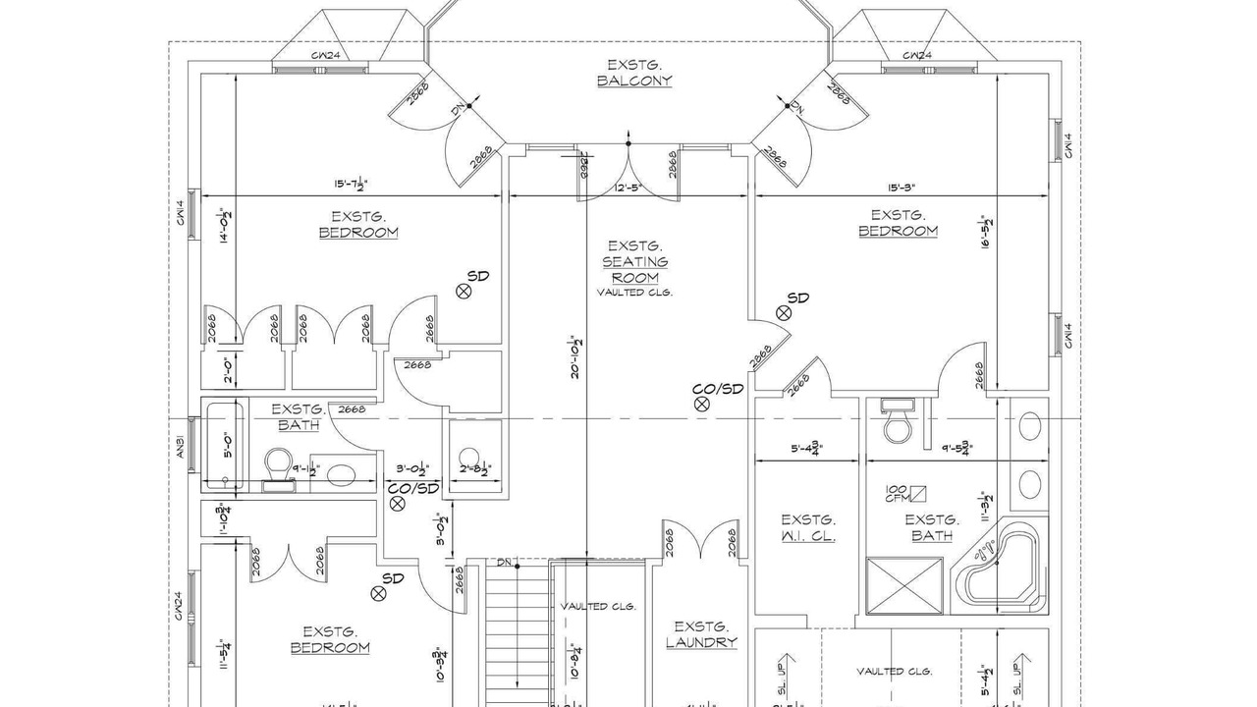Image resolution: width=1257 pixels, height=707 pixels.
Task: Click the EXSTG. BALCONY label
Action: click(634, 73)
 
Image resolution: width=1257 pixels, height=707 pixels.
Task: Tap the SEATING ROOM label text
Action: click(635, 269)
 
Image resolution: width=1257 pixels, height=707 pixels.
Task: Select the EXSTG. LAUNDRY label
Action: click(701, 634)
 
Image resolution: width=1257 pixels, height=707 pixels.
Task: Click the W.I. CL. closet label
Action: click(808, 528)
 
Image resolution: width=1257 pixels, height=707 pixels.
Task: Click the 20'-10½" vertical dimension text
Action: click(578, 355)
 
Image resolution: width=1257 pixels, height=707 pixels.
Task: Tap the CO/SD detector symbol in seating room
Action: click(701, 403)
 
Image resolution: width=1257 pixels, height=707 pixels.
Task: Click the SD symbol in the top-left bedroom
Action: click(465, 290)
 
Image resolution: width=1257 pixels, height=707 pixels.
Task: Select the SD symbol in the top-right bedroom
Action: click(784, 313)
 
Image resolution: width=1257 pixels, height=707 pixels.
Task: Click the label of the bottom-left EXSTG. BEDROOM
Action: click(330, 639)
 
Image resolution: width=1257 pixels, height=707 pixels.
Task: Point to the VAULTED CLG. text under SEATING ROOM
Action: click(634, 293)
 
